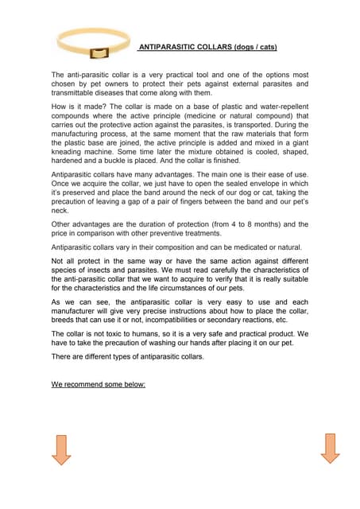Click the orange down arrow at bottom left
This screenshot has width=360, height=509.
point(61,449)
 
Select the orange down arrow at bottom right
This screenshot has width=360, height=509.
point(330,449)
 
